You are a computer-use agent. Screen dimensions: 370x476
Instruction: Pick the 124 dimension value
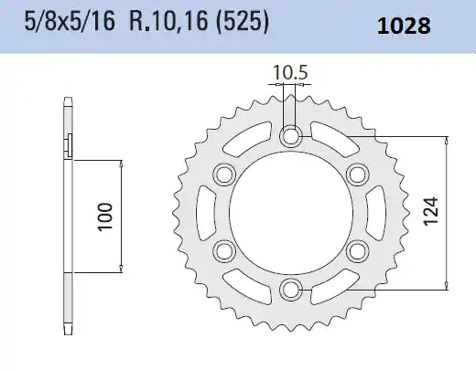pyautogui.click(x=431, y=212)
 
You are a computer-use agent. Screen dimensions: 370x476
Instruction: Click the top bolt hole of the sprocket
pyautogui.click(x=292, y=137)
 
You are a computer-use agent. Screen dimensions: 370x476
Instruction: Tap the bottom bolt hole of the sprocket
pyautogui.click(x=292, y=289)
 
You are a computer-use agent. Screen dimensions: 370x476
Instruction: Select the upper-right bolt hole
pyautogui.click(x=357, y=174)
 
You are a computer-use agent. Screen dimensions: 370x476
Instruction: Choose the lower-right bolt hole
pyautogui.click(x=357, y=250)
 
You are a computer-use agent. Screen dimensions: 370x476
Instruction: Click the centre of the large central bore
pyautogui.click(x=292, y=213)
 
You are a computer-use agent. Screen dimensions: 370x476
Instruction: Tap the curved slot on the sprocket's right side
pyautogui.click(x=374, y=213)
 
